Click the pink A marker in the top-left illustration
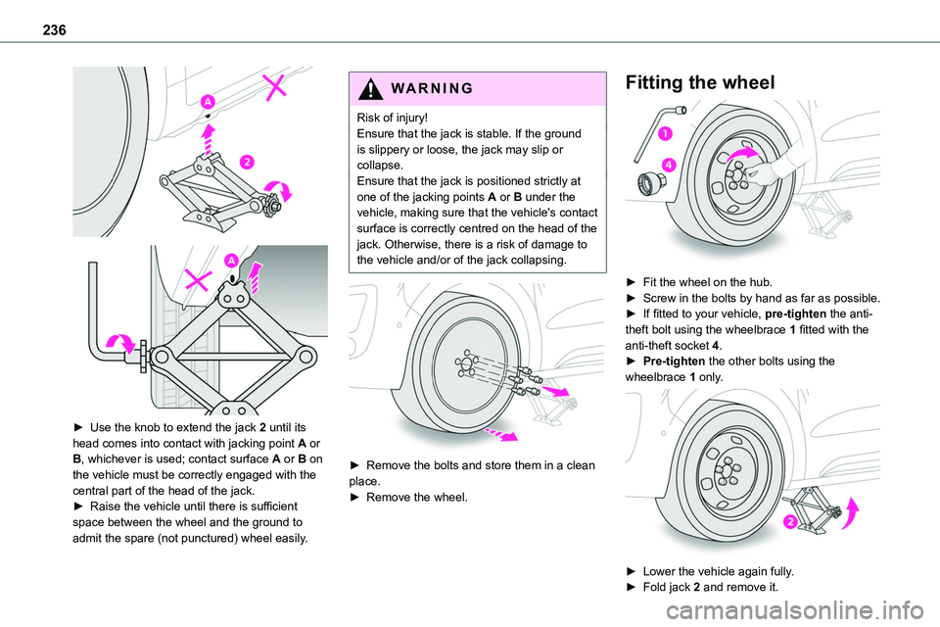[x=209, y=101]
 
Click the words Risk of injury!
[x=398, y=118]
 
